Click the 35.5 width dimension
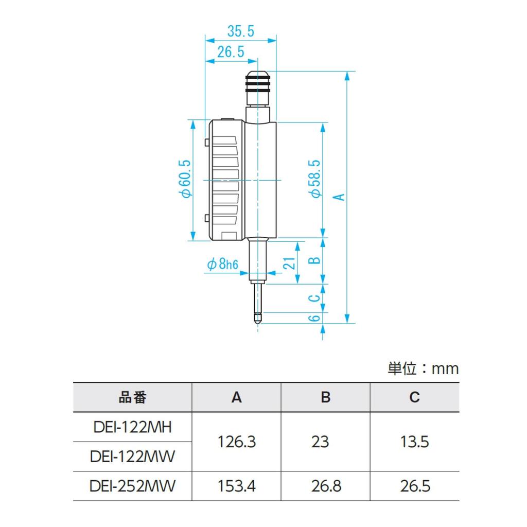coord(241,31)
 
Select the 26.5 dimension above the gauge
coord(230,51)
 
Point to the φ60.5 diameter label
coord(186,178)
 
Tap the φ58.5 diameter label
coord(315,178)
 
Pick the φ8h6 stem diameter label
coord(223,265)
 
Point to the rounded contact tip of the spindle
coord(257,318)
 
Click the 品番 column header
coord(133,397)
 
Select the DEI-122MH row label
coord(133,427)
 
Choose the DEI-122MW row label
coord(133,456)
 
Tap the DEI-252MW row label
coord(133,486)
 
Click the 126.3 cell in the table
coord(236,442)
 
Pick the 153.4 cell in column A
coord(236,486)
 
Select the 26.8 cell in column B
coord(325,486)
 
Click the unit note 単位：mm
coord(423,368)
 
